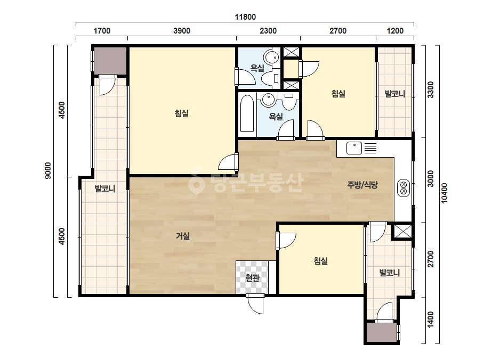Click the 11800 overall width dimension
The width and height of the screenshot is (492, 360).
coord(245,17)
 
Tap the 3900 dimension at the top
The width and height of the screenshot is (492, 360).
coord(182,31)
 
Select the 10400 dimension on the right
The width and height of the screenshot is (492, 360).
coord(445,193)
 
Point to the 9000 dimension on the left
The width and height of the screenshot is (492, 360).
coord(47,170)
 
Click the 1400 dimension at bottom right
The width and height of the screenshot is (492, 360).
coord(431,319)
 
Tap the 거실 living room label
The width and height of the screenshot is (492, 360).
coord(182,235)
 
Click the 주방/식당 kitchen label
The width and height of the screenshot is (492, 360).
coord(362,185)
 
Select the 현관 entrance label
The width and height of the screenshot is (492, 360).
coord(252,277)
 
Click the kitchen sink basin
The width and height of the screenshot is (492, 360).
coord(354,148)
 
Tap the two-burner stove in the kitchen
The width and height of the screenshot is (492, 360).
coord(404,188)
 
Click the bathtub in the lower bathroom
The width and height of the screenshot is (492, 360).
coord(247,113)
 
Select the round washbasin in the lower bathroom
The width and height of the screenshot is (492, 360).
coord(268,100)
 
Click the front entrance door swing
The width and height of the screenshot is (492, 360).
coord(255,304)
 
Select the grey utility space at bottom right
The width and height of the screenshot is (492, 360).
coord(382,333)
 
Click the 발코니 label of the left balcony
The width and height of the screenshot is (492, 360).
coord(105,189)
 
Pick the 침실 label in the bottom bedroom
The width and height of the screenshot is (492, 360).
coord(321,260)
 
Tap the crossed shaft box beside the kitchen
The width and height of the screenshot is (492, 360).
coord(402,232)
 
